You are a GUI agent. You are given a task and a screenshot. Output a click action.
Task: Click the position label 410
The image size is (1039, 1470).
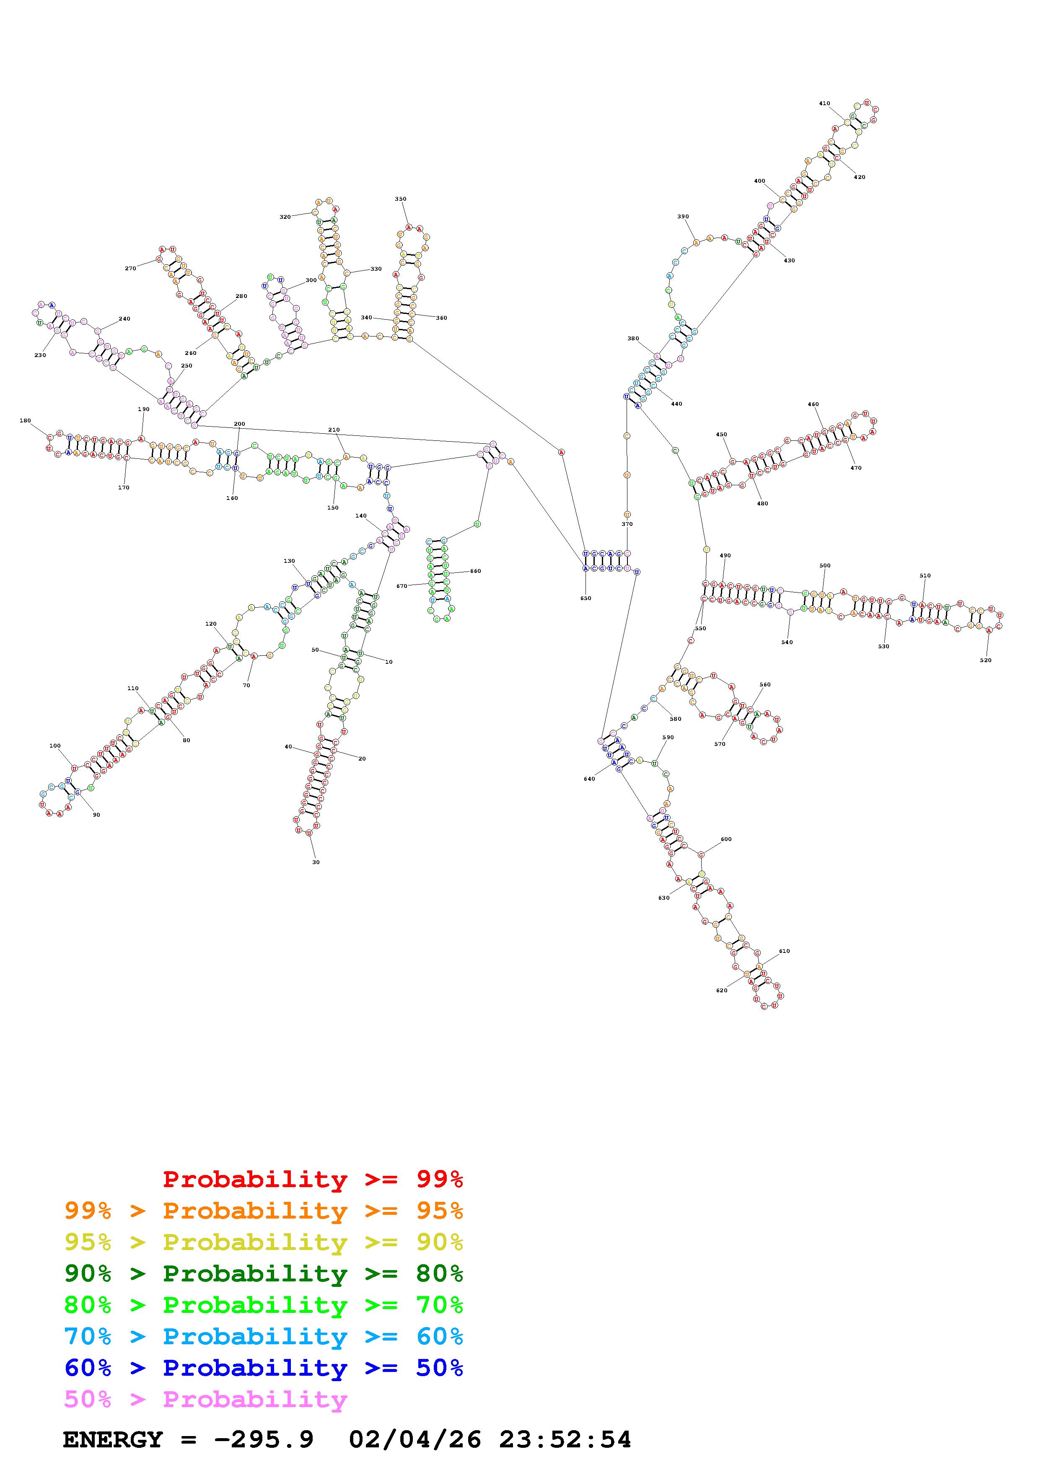(x=824, y=103)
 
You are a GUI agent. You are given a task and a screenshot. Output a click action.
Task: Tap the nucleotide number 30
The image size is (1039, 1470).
(x=316, y=862)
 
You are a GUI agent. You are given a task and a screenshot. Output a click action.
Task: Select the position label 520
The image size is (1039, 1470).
(x=985, y=660)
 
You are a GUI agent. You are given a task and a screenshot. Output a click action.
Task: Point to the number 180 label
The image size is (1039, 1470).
(x=25, y=421)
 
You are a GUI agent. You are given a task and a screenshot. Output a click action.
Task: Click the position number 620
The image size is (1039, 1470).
(x=721, y=991)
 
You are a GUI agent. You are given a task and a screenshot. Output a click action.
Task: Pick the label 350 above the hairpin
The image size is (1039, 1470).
(x=400, y=199)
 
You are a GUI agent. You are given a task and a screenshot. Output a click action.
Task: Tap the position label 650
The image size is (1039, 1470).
(x=585, y=598)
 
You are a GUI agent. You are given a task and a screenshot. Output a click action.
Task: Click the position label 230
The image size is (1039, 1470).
(x=40, y=355)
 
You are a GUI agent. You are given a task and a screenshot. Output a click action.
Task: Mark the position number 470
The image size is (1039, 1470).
(x=856, y=468)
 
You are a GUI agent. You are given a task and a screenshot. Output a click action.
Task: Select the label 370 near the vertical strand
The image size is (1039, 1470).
(x=627, y=524)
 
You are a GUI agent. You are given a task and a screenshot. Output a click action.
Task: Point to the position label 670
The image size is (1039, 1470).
(x=402, y=586)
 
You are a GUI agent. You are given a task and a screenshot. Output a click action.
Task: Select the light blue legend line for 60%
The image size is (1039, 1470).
(x=263, y=1337)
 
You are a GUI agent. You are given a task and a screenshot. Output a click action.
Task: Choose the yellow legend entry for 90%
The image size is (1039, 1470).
(x=263, y=1243)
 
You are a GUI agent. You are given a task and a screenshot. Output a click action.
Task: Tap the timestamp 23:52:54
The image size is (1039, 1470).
(x=565, y=1440)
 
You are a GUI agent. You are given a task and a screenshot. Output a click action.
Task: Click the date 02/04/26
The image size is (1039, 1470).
(x=415, y=1440)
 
